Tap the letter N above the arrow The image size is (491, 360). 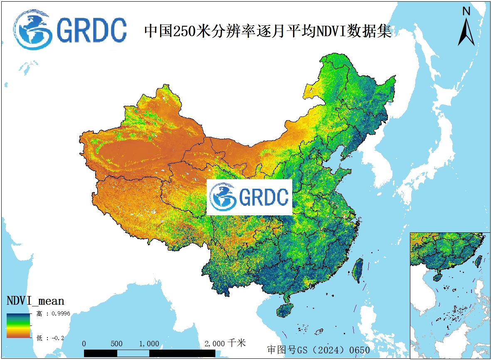tap(466, 11)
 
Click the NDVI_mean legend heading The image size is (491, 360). tap(35, 301)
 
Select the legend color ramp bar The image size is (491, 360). tap(18, 325)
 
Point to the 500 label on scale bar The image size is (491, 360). tap(116, 344)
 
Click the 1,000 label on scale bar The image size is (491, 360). tap(149, 344)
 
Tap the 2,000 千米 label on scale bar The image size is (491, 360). tap(225, 343)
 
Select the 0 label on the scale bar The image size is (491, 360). tap(84, 344)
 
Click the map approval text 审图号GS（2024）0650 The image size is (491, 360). tap(318, 350)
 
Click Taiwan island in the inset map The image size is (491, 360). tap(478, 261)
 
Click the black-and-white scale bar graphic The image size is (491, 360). tap(150, 353)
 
